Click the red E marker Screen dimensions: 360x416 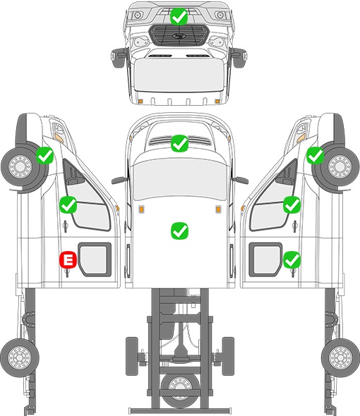click(68, 259)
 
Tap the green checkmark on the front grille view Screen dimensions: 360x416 click(179, 17)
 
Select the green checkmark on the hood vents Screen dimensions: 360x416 click(179, 143)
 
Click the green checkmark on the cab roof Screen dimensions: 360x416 click(179, 231)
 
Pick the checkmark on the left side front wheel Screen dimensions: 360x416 click(45, 155)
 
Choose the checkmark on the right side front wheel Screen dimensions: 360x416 click(315, 155)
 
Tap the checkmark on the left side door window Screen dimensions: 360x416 click(68, 204)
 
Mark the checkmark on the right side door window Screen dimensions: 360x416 click(292, 204)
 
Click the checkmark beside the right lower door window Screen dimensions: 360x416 click(292, 259)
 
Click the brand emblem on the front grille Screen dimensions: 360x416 click(179, 36)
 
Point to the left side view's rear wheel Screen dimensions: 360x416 click(20, 357)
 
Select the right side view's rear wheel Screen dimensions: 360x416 click(340, 357)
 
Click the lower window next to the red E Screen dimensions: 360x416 click(94, 259)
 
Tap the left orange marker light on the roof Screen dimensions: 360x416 click(141, 209)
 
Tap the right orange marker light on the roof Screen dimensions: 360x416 click(218, 209)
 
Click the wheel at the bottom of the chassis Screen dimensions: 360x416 click(181, 388)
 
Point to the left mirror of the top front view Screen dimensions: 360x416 click(117, 57)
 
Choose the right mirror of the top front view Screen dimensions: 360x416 click(239, 57)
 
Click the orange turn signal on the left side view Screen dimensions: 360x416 click(59, 137)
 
